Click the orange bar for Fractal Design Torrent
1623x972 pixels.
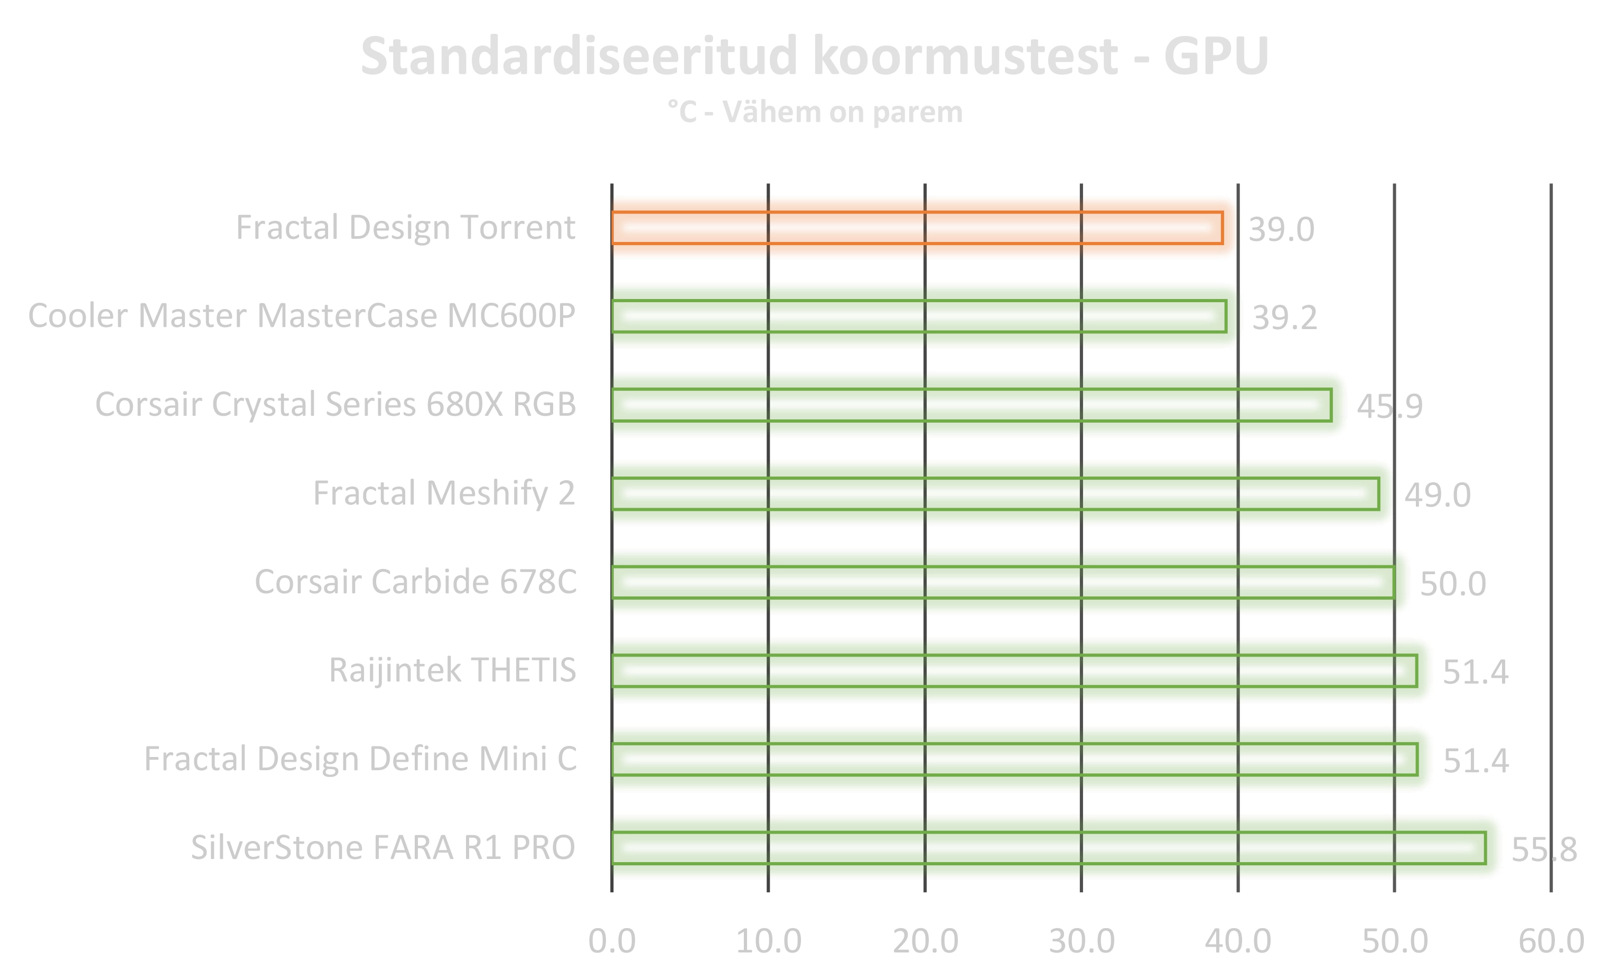(917, 228)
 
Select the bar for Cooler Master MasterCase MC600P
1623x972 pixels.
(919, 316)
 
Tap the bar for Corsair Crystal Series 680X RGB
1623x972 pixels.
(971, 405)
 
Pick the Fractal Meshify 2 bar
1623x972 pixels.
(995, 494)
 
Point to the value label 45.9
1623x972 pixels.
(1389, 406)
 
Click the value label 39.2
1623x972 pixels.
(1284, 317)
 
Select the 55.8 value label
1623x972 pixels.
(1544, 849)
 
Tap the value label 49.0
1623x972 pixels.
(1437, 495)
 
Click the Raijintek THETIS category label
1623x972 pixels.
(452, 670)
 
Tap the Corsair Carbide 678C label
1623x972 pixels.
(415, 582)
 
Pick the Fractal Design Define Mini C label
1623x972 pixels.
(360, 759)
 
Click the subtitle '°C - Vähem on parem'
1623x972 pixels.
(815, 112)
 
